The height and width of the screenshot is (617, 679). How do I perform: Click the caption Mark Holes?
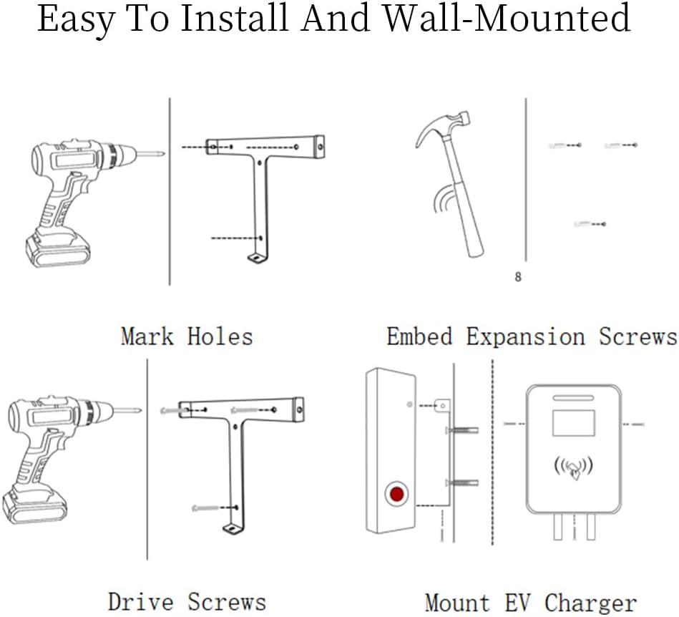coord(187,336)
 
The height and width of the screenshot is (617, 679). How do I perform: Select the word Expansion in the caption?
coord(524,336)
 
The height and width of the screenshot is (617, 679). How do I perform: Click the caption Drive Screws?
coord(187,602)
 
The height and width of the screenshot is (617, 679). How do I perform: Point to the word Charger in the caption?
coord(591,602)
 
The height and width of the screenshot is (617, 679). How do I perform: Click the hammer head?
coord(441,126)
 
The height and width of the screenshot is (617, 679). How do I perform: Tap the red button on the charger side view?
coord(395,494)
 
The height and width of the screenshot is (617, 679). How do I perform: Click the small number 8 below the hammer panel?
coord(518,277)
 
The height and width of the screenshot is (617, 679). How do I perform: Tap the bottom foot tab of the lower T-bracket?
coord(231,529)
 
